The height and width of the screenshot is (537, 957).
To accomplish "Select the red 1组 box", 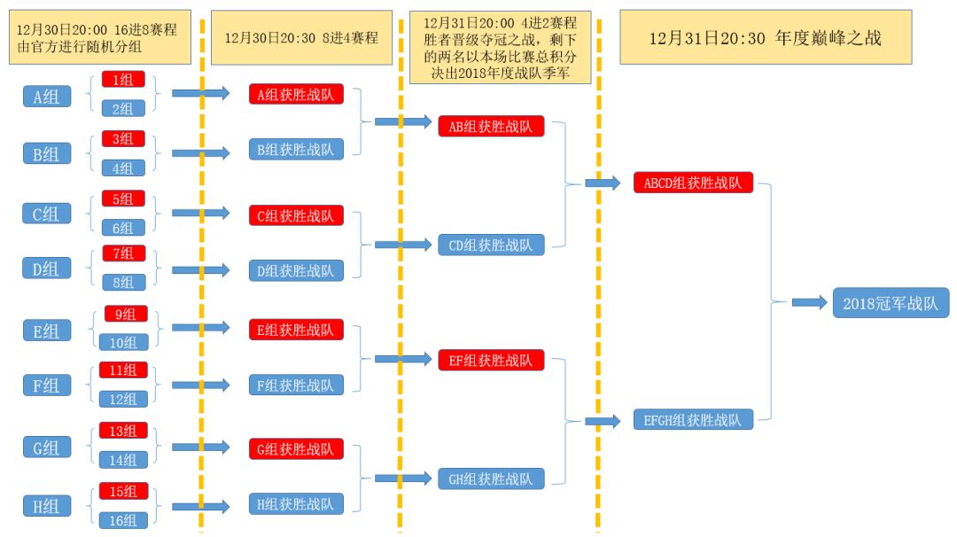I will pos(123,80).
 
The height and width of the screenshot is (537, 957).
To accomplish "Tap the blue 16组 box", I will pos(123,521).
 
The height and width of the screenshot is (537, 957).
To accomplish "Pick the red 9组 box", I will pos(126,314).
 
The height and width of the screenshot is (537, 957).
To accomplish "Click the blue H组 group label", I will pos(47,507).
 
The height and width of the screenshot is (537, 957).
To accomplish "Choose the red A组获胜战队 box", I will pos(296,94).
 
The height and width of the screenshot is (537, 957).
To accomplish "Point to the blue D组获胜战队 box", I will pos(296,271).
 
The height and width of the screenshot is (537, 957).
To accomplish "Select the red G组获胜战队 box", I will pos(296,449).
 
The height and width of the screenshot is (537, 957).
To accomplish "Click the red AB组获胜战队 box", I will pos(491,126).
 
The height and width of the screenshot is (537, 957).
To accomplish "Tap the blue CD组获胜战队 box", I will pos(491,245).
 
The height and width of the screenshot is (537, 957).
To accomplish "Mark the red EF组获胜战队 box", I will pos(491,360).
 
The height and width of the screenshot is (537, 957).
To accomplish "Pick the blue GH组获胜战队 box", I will pos(491,479).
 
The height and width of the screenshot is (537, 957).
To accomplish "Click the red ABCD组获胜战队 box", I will pos(693,183).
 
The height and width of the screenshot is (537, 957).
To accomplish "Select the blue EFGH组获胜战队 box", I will pos(693,420).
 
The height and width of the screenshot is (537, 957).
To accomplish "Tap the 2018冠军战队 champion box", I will pos(891,303).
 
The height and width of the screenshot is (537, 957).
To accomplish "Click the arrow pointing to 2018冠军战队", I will pos(808,303).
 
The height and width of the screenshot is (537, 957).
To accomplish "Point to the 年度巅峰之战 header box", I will pos(766,38).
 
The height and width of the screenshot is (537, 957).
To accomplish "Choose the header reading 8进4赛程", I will pos(301,38).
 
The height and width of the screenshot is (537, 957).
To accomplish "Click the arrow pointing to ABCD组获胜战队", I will pos(603,183).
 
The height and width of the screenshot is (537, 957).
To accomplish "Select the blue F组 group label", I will pos(47,385).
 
